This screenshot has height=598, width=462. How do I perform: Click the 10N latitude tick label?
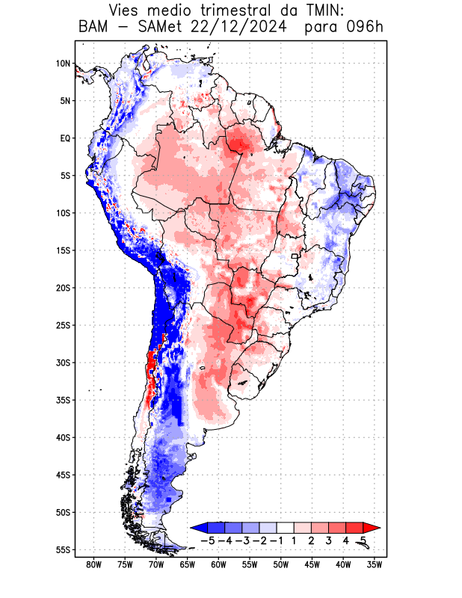[63, 64]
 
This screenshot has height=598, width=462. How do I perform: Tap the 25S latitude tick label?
[63, 325]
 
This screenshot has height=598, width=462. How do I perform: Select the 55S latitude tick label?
[63, 549]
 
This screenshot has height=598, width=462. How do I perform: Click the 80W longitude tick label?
[94, 564]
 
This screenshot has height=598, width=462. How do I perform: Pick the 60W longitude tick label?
[218, 564]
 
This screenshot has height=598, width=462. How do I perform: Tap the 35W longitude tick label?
[374, 564]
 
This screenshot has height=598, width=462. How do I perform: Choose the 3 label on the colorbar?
[329, 540]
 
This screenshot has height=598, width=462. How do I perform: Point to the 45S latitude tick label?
[63, 475]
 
